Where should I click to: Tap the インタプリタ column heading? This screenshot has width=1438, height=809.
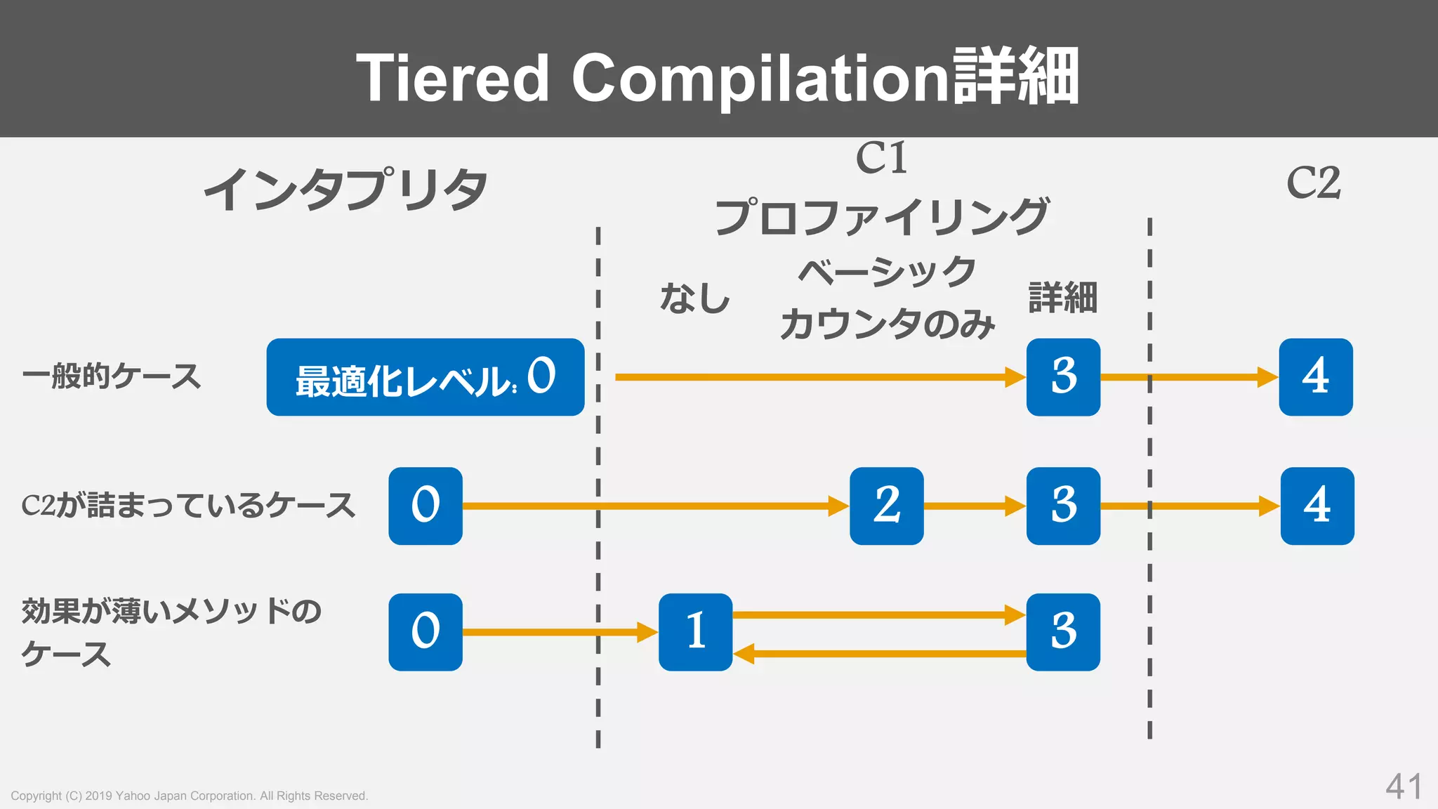pyautogui.click(x=345, y=190)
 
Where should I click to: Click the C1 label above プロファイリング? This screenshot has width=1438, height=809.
pyautogui.click(x=882, y=158)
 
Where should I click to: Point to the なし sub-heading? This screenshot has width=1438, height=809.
pyautogui.click(x=695, y=298)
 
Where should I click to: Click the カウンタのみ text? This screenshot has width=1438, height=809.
pyautogui.click(x=888, y=324)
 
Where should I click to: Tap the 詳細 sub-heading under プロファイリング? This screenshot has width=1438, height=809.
pyautogui.click(x=1062, y=298)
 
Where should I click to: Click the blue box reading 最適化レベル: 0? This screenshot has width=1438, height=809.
pyautogui.click(x=425, y=377)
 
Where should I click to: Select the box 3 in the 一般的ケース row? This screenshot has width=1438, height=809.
pyautogui.click(x=1063, y=377)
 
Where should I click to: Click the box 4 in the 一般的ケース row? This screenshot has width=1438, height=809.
pyautogui.click(x=1315, y=377)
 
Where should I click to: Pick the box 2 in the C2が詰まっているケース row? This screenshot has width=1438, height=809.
pyautogui.click(x=886, y=506)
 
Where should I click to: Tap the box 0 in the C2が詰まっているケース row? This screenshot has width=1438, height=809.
pyautogui.click(x=425, y=506)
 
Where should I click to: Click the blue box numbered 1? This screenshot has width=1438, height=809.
pyautogui.click(x=695, y=631)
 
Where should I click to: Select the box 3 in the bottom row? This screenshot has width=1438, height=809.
pyautogui.click(x=1063, y=631)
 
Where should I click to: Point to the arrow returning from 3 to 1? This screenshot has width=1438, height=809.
pyautogui.click(x=878, y=654)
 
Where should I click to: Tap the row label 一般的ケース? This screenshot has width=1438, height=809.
pyautogui.click(x=111, y=376)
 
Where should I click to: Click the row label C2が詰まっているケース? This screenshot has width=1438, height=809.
pyautogui.click(x=188, y=506)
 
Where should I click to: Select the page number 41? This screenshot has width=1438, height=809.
pyautogui.click(x=1404, y=787)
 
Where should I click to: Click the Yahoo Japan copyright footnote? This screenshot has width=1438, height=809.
pyautogui.click(x=190, y=796)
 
